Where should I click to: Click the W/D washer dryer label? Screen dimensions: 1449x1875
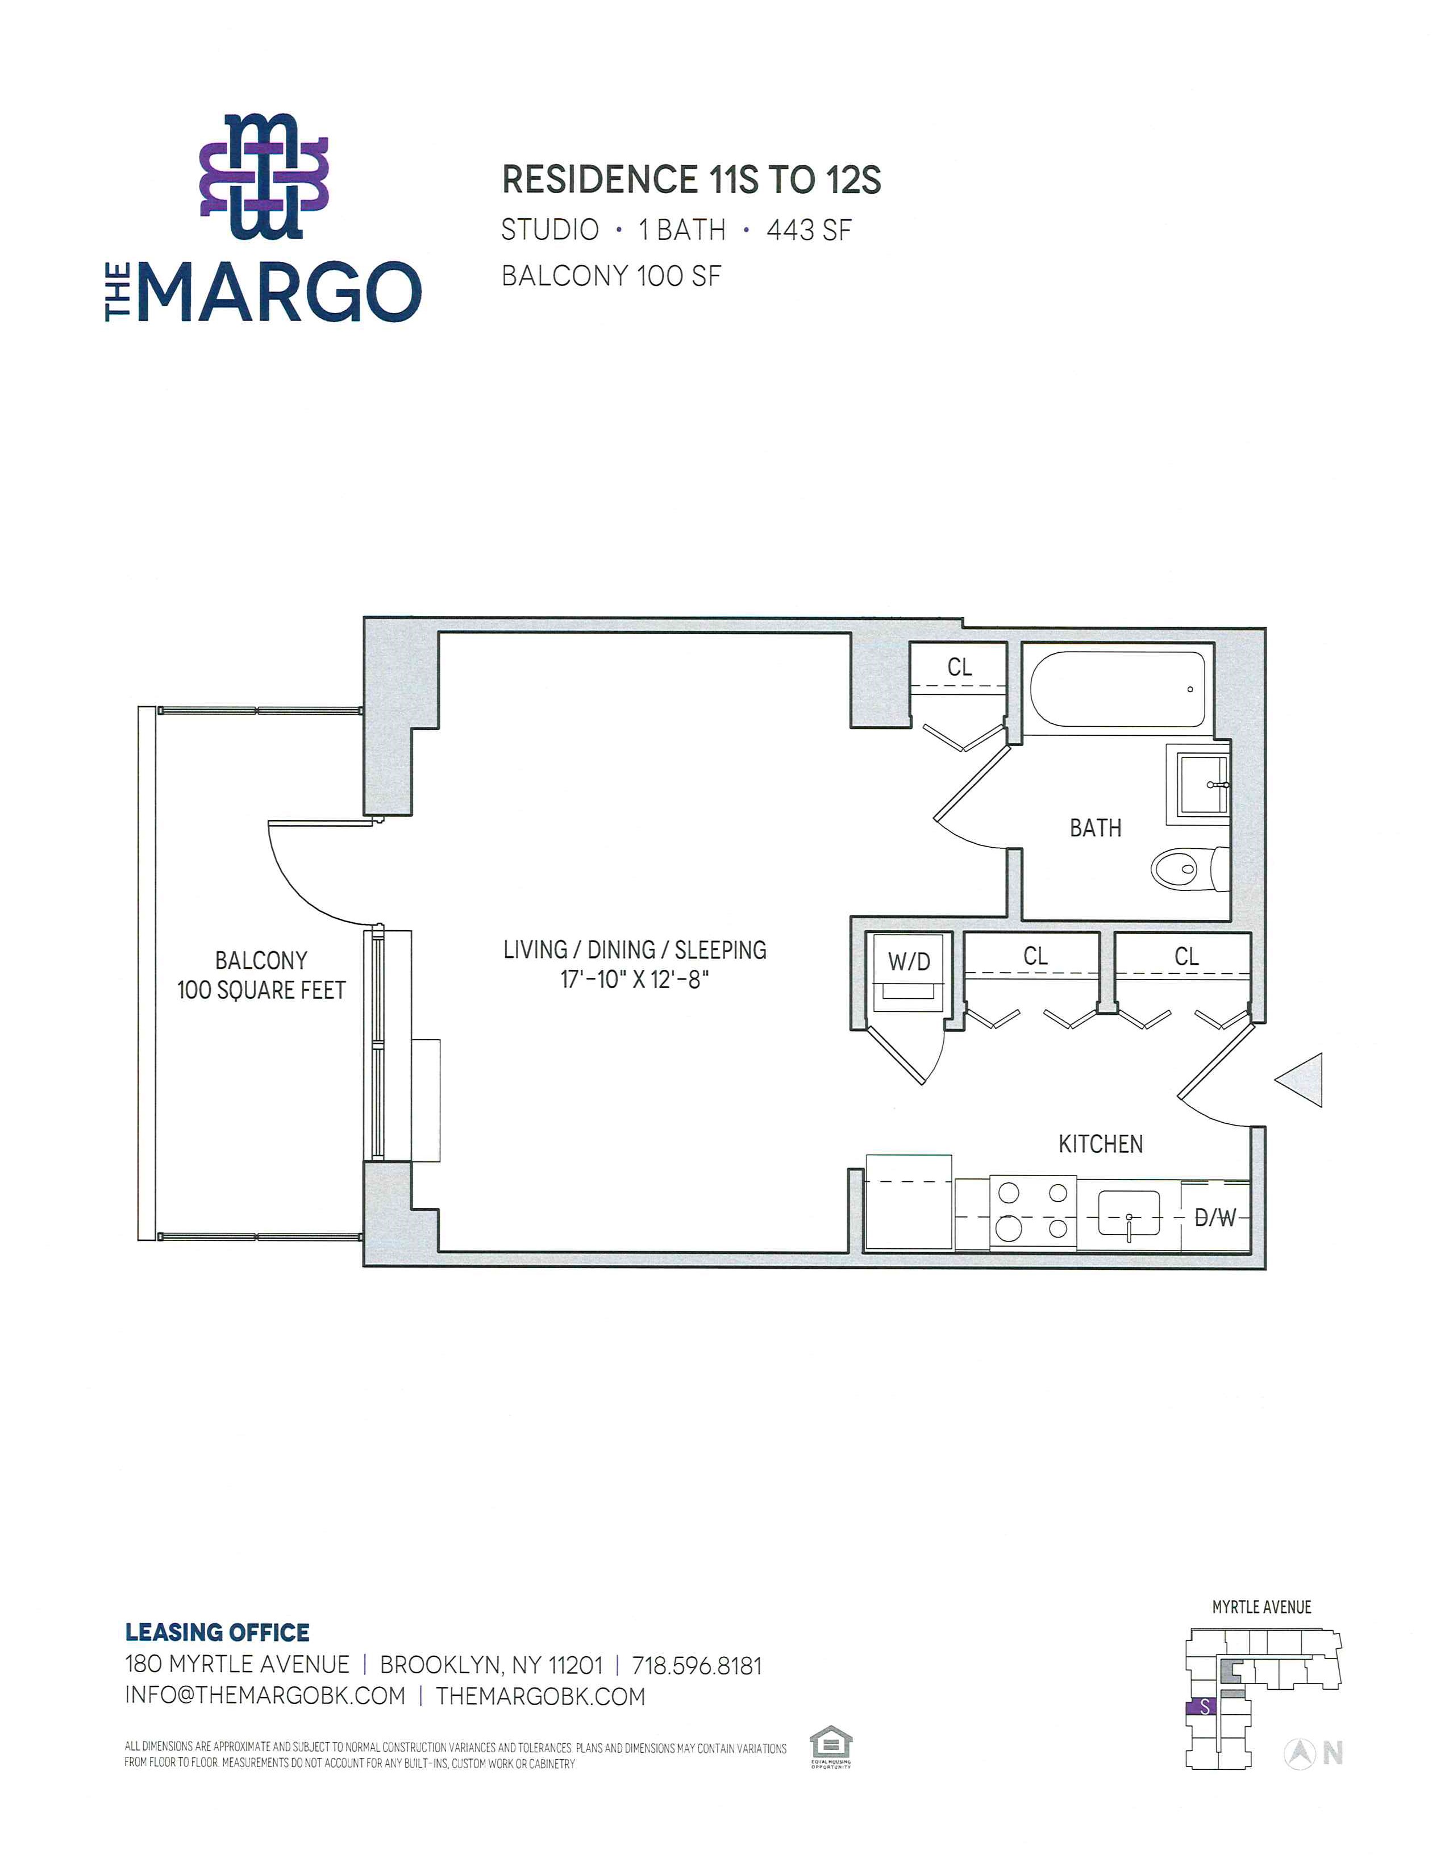click(909, 961)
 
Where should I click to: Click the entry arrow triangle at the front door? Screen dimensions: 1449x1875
click(1299, 1080)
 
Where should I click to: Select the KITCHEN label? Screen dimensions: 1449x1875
click(1101, 1144)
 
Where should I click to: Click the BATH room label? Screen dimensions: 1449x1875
click(1096, 828)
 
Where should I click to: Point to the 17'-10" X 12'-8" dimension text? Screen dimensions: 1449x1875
click(634, 980)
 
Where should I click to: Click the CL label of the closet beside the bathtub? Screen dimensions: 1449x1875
click(960, 667)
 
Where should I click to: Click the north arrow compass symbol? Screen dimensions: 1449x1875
click(1300, 1754)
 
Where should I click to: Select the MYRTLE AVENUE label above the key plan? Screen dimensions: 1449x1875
click(1261, 1607)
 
